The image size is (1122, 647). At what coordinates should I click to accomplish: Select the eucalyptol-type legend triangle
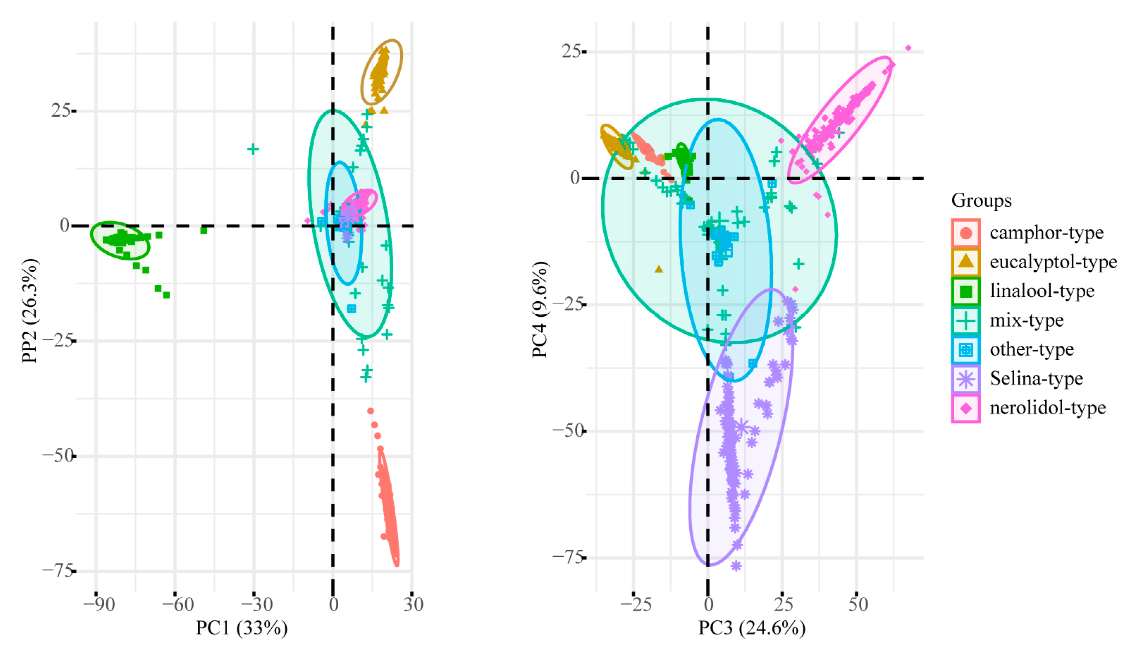click(966, 262)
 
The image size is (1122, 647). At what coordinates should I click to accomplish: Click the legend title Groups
click(981, 201)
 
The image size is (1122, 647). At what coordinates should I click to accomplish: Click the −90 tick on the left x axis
click(99, 605)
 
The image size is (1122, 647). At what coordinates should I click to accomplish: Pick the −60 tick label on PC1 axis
click(178, 605)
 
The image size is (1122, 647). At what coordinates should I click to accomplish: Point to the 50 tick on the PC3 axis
click(858, 605)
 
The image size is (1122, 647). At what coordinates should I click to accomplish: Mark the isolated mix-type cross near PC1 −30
click(253, 149)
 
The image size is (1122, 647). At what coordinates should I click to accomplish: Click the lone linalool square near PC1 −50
click(204, 230)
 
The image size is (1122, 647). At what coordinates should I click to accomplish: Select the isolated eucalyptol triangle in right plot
click(659, 269)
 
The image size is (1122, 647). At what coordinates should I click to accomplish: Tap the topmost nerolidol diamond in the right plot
click(908, 48)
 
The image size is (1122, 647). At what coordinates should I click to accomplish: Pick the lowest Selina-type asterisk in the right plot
click(736, 566)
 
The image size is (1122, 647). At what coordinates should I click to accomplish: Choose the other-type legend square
click(966, 350)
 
